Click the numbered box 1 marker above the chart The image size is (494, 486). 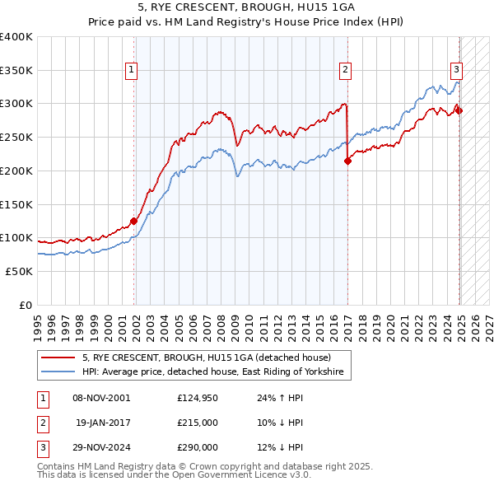(x=131, y=71)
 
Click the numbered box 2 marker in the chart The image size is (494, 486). (x=346, y=71)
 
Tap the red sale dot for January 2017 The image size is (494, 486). (x=347, y=161)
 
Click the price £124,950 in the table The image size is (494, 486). (x=198, y=397)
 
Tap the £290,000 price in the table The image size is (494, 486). (x=198, y=448)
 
